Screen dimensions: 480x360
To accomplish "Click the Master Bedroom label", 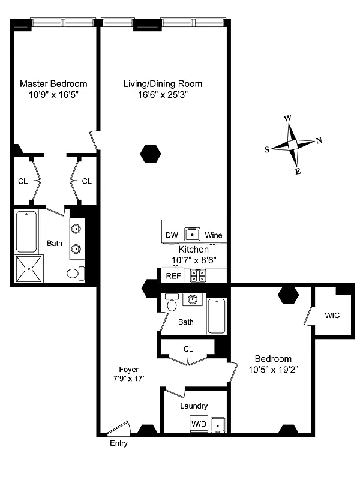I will (53, 83).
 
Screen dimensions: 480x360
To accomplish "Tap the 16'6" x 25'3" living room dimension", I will (163, 94).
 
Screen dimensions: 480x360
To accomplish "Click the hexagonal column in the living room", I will (151, 154).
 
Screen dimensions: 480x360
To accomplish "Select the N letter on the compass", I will (319, 140).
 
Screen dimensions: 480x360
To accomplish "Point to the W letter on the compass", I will (287, 118).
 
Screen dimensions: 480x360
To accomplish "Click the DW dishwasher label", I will (172, 235).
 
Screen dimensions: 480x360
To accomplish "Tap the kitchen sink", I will (193, 233).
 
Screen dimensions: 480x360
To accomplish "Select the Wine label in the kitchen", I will (213, 235).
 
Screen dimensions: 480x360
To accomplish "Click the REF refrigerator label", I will (172, 276).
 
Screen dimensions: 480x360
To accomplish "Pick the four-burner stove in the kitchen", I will (198, 276).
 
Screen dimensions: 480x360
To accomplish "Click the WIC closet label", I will (332, 315).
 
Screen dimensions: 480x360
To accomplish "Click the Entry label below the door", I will (118, 444).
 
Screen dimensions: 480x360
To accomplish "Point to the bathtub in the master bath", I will (26, 232).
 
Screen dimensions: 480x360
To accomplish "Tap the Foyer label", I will (128, 370).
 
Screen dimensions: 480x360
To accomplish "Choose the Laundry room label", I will (194, 406).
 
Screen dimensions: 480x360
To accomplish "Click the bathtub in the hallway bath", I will (216, 316).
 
